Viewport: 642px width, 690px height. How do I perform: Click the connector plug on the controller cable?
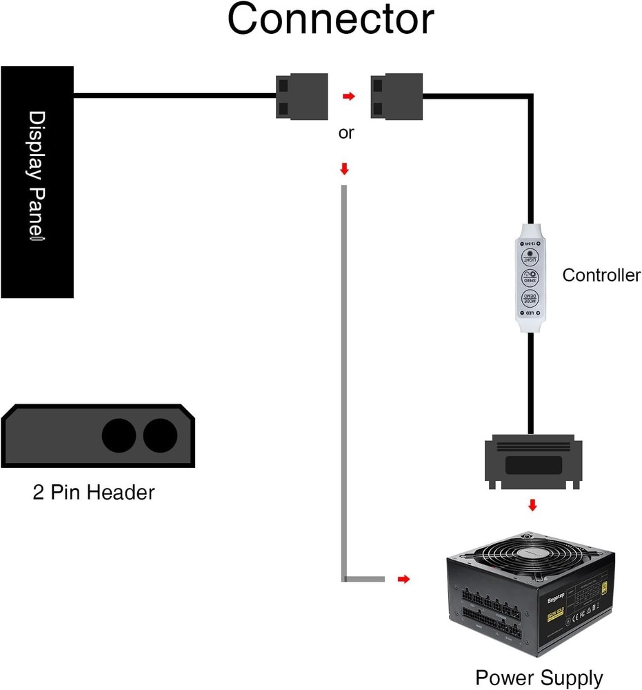pos(397,96)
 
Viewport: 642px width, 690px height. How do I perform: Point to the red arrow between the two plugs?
pos(349,97)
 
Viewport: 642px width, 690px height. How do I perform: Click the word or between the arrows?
pos(345,132)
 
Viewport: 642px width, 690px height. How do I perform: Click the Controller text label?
pos(601,275)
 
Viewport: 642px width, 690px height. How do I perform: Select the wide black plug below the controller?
pos(532,462)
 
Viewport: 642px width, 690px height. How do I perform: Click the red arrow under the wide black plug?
pos(532,506)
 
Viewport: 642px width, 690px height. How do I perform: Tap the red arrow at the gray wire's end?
pos(404,579)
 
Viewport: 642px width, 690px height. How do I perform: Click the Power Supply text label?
pos(539,678)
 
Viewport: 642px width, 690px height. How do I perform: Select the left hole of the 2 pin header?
pos(119,435)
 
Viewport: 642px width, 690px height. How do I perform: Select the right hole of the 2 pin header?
pos(160,435)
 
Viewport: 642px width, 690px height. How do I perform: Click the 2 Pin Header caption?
pos(94,493)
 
